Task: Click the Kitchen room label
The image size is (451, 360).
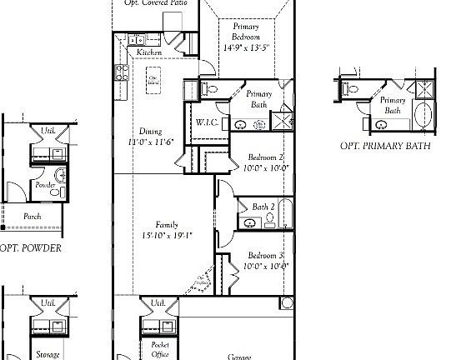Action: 150,52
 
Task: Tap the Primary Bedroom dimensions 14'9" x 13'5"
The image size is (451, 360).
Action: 246,47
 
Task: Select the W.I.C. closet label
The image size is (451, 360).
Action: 207,123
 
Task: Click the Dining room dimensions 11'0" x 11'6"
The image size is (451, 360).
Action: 150,142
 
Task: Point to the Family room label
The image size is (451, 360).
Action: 168,224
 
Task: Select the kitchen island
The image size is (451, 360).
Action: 153,82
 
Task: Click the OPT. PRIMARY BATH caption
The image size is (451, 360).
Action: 385,145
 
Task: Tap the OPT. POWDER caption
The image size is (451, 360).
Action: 31,247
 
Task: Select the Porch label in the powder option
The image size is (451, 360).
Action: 32,216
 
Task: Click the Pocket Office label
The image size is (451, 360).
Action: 160,348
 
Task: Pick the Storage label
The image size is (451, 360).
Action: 48,354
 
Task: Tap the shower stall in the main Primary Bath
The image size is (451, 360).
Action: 285,120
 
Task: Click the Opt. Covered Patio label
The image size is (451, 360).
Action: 155,3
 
